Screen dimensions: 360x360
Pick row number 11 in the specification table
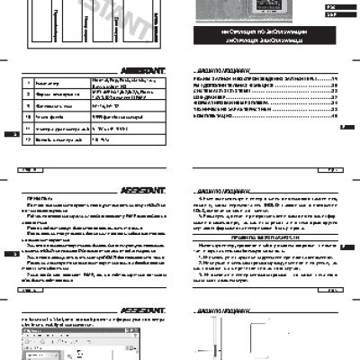pos(27,130)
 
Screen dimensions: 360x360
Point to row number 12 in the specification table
pos(27,141)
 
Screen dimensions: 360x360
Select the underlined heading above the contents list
pos(216,68)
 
